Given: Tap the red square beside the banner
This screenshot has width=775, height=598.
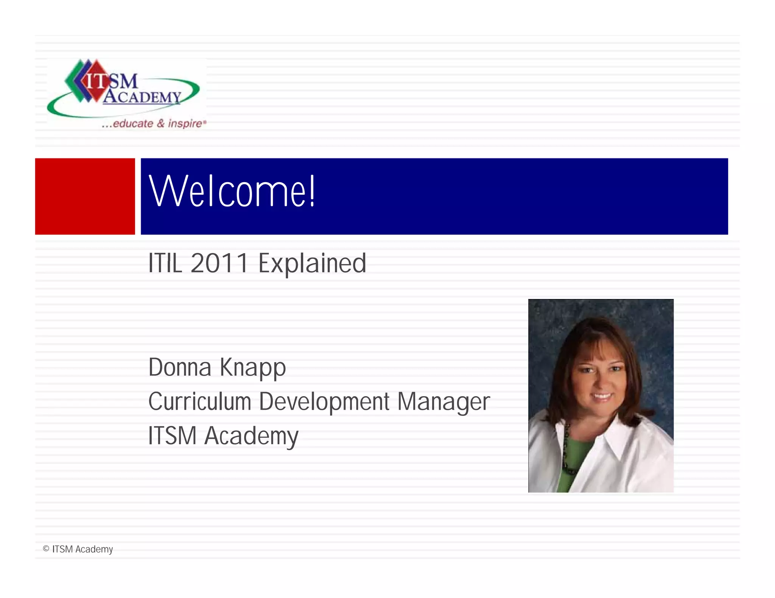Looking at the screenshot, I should pyautogui.click(x=85, y=196).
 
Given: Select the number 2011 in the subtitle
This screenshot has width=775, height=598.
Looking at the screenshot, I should pyautogui.click(x=219, y=263).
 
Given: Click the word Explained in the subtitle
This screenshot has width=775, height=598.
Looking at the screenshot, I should pyautogui.click(x=312, y=264).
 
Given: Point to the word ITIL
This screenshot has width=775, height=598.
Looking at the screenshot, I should pyautogui.click(x=165, y=263).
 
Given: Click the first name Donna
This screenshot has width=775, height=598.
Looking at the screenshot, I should pyautogui.click(x=180, y=367).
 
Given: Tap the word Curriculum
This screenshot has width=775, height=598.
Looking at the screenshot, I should pyautogui.click(x=200, y=401).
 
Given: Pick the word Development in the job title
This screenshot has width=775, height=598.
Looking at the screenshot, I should pyautogui.click(x=324, y=402).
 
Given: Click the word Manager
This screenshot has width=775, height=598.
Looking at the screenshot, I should pyautogui.click(x=444, y=402).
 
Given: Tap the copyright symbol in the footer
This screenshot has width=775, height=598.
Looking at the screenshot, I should pyautogui.click(x=46, y=548).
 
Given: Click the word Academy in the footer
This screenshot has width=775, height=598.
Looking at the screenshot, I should pyautogui.click(x=94, y=549).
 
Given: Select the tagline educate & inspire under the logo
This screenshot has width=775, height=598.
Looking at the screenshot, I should pyautogui.click(x=155, y=124).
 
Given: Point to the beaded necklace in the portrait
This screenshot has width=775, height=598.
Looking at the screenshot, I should pyautogui.click(x=566, y=450).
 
